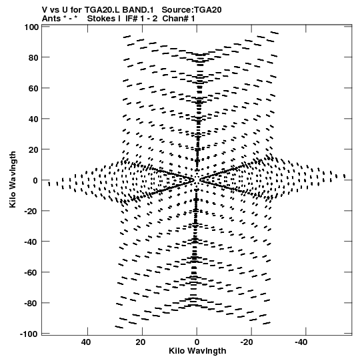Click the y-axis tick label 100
[31, 27]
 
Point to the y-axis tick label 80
[33, 57]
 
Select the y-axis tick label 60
[33, 88]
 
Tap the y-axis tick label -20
[31, 211]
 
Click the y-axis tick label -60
[31, 272]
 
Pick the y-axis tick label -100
[29, 334]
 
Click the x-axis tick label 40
[86, 342]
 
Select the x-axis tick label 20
[140, 342]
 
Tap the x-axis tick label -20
[247, 342]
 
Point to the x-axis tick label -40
[301, 342]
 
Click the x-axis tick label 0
[197, 342]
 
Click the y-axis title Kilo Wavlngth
[13, 179]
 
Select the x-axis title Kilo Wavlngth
[197, 352]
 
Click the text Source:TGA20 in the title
[191, 10]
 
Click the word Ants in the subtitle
[51, 19]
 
